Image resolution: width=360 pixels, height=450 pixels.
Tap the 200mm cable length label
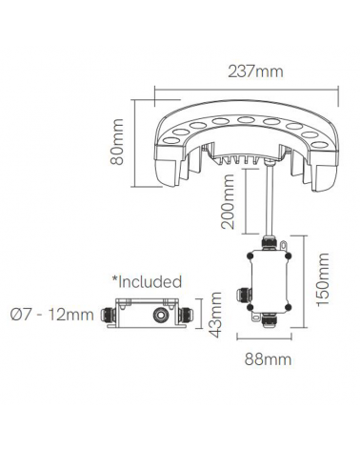pos(227,215)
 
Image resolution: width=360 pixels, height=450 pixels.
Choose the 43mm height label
pos(218,314)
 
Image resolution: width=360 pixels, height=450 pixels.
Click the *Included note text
pos(147,282)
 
